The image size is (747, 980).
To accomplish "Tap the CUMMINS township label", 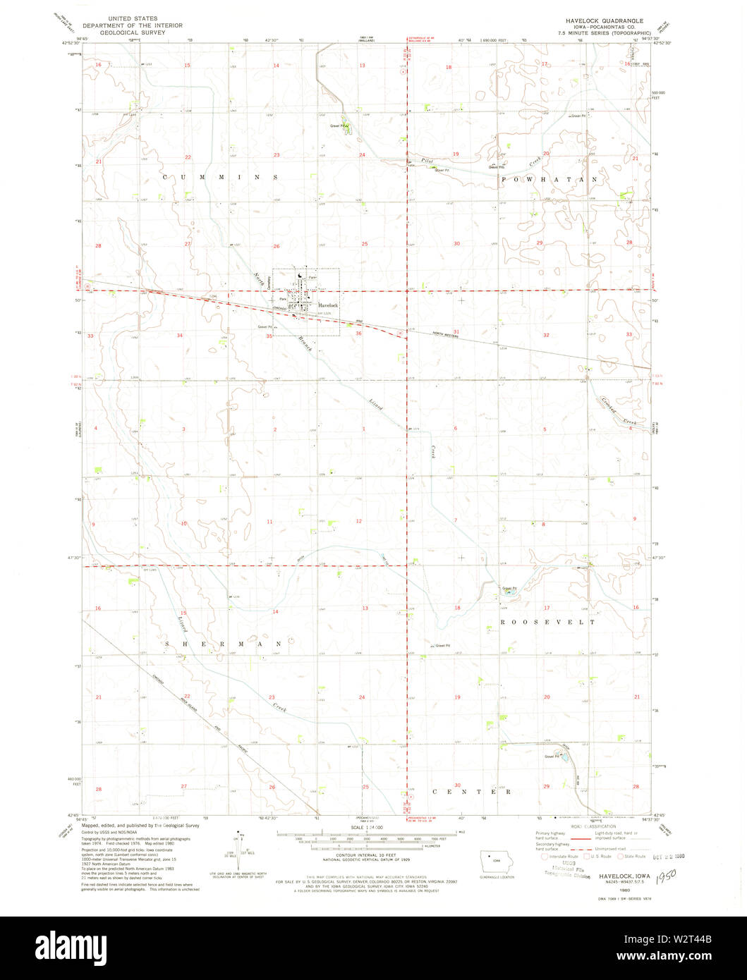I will click(x=219, y=177).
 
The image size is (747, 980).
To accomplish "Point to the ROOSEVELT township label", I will click(x=547, y=623).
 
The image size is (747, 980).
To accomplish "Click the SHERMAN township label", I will click(x=224, y=644).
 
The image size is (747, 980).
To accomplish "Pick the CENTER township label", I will click(x=472, y=792).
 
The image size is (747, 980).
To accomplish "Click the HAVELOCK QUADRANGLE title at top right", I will click(x=596, y=22).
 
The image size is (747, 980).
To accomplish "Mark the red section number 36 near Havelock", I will click(x=359, y=333).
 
